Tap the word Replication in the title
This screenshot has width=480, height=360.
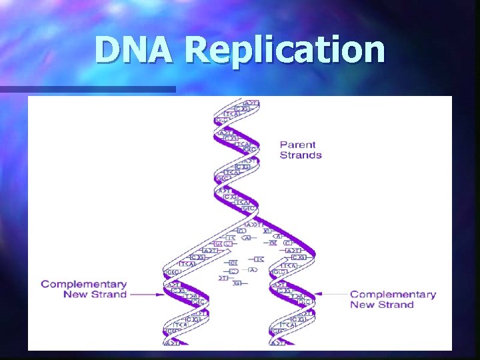tap(285, 51)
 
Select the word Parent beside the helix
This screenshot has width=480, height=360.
tap(297, 145)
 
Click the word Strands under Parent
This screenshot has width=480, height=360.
tap(301, 155)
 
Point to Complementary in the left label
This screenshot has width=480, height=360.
tap(83, 284)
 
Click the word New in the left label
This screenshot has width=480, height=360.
tap(75, 294)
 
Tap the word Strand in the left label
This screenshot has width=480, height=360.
tap(108, 294)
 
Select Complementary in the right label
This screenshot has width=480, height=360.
tap(393, 294)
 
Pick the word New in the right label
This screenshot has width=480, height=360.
tap(362, 305)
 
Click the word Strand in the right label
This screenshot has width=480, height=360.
tap(395, 305)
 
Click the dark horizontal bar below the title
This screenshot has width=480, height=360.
tap(87, 89)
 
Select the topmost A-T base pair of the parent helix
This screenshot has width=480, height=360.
tap(250, 102)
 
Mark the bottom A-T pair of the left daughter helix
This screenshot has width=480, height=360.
tap(172, 343)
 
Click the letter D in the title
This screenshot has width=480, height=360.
tap(108, 51)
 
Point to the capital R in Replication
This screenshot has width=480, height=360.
tap(199, 51)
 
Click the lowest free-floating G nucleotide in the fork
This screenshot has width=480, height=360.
tap(237, 283)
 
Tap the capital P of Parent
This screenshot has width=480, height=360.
tap(284, 145)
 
